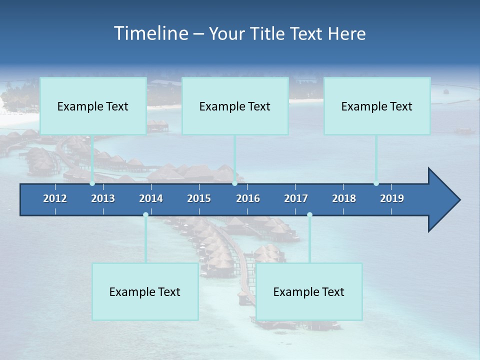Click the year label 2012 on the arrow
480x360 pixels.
(55, 198)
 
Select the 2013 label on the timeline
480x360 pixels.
(103, 198)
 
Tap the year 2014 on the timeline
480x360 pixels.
(151, 198)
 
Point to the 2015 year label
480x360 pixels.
(199, 198)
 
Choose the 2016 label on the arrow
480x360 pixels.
(248, 198)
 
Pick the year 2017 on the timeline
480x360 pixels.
(296, 198)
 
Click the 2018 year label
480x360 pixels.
(344, 198)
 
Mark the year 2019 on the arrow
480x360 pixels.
(392, 198)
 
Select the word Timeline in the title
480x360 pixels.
(150, 33)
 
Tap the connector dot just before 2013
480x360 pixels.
(92, 183)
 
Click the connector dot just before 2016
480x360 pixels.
(234, 183)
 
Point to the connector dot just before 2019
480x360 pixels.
(376, 183)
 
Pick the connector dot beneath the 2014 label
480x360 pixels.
(145, 214)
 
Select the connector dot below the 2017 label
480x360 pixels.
(309, 214)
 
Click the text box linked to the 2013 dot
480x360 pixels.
(93, 106)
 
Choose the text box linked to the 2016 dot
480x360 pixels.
(235, 106)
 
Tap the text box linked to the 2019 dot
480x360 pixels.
(377, 106)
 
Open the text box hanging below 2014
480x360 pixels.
(145, 291)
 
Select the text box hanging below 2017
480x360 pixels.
(309, 291)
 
